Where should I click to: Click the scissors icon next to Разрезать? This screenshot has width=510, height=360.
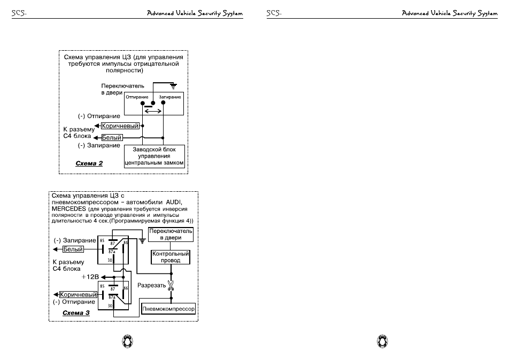171,286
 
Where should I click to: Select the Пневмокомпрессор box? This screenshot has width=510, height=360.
168,309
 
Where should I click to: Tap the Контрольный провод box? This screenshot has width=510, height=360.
171,257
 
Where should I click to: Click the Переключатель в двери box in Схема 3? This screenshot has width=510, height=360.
171,234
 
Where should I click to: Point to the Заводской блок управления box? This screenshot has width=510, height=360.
154,156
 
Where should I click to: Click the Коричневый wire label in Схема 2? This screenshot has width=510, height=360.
120,126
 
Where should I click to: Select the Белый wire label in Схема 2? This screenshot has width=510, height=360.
112,137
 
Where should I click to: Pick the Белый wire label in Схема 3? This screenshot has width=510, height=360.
73,249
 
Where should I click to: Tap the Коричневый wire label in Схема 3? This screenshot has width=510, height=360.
79,295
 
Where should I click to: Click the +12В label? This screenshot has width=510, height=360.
90,277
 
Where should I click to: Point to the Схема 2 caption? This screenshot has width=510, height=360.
89,163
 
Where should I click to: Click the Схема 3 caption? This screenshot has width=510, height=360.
76,313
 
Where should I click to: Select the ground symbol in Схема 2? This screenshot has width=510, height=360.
174,87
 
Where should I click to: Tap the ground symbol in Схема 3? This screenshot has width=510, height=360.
142,241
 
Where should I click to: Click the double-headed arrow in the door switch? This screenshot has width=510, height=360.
153,111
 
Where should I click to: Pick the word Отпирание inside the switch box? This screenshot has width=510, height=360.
137,97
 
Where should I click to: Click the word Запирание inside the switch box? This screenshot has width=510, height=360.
170,97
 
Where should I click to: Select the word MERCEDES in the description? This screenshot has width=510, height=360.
68,209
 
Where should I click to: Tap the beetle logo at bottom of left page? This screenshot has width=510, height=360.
127,341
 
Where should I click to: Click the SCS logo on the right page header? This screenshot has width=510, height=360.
274,13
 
